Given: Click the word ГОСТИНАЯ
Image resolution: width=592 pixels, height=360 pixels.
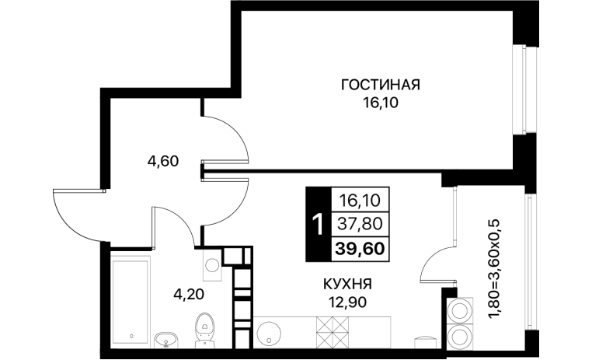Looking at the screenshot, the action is pos(381,85).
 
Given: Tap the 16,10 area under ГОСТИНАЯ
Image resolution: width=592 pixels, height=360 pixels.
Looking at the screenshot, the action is pos(381,103).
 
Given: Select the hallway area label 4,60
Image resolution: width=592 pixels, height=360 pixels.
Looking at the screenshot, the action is pos(162,162).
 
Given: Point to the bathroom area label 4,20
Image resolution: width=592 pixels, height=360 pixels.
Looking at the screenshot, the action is pos(189,293).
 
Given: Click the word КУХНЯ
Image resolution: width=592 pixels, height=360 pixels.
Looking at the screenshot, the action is pos(347,284).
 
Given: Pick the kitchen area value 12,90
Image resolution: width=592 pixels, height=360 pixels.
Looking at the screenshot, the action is pos(347,302).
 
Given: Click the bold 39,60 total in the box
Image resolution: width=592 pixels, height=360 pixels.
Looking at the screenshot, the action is pos(360,249).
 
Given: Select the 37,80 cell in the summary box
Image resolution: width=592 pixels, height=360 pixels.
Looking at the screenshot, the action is pos(360,224).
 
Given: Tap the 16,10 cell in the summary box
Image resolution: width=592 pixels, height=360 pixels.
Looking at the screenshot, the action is pos(360,200).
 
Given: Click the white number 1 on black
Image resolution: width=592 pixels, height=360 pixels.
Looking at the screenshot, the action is pos(319,224).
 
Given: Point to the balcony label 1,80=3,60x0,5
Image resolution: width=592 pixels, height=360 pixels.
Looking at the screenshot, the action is pos(496,269).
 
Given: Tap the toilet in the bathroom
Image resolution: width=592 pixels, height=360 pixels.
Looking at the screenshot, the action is pos(204,330).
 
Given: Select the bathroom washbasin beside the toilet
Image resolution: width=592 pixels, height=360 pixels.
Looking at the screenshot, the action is pos(165,340).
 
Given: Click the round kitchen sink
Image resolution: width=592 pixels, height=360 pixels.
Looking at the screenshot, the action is pos(269,334).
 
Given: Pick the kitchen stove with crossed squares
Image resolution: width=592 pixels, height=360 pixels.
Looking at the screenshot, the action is pos(333,332).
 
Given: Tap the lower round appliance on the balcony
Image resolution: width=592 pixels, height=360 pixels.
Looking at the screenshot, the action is pos(460,336).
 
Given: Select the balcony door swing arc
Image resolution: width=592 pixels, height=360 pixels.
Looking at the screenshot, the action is pos(434,260).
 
